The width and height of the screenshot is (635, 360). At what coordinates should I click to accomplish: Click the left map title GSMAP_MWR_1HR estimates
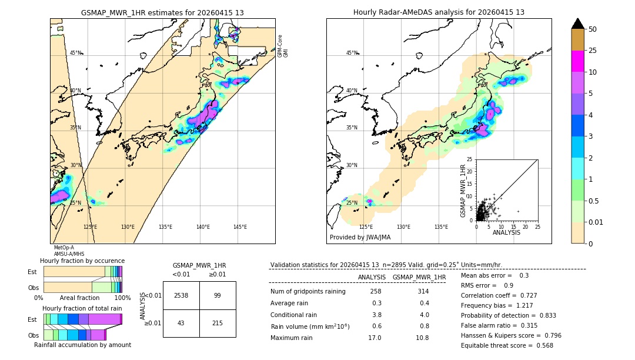coord(162,12)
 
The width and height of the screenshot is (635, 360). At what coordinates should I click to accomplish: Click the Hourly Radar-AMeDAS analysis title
coord(439,12)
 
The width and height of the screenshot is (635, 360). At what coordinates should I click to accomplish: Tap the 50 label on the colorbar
coord(593,29)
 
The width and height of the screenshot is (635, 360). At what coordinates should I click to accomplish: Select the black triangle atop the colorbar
coord(577,24)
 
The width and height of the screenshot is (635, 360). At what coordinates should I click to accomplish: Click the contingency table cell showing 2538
coord(181,295)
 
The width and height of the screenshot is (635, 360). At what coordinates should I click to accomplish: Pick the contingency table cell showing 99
coord(218,295)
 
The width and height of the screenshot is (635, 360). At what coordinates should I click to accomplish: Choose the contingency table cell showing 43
coord(181,324)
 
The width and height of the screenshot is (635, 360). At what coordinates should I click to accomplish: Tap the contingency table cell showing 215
coord(218,324)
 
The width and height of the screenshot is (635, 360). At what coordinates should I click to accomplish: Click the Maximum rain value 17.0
coord(374,338)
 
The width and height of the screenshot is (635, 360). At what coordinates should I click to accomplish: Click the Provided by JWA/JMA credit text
coord(360,237)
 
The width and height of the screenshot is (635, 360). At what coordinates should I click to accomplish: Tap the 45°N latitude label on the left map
coord(76,53)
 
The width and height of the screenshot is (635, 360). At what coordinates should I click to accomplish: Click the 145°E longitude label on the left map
coord(240,227)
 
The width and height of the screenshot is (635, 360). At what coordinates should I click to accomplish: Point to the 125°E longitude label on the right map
coord(366,227)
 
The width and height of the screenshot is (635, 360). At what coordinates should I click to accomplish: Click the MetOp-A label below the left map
coord(64,248)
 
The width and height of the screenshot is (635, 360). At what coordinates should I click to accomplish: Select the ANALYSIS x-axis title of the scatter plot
coord(506,232)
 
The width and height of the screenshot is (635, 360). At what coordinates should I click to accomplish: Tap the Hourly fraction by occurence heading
coord(82,261)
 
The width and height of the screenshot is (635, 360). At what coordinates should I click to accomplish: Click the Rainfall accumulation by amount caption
coord(87,345)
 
